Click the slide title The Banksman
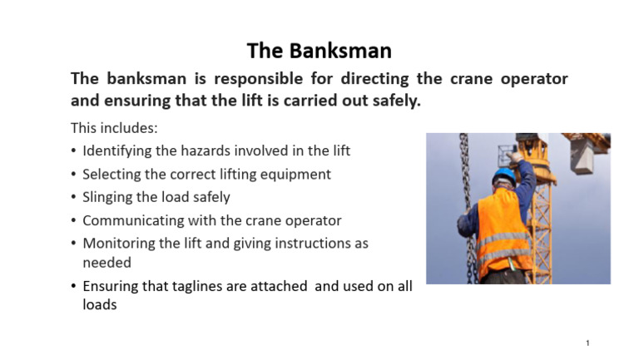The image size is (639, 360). coord(319,51)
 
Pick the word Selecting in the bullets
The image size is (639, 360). coord(112,174)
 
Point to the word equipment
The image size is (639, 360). coord(294,175)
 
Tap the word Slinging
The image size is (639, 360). coord(111,198)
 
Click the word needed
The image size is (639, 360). coord(106,262)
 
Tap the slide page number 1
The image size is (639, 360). coord(587,343)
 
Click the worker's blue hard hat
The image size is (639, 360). coord(503,176)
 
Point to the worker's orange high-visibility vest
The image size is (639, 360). coord(504,229)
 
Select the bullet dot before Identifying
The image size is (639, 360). coord(73,151)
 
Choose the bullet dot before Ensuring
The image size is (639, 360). coord(73,287)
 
